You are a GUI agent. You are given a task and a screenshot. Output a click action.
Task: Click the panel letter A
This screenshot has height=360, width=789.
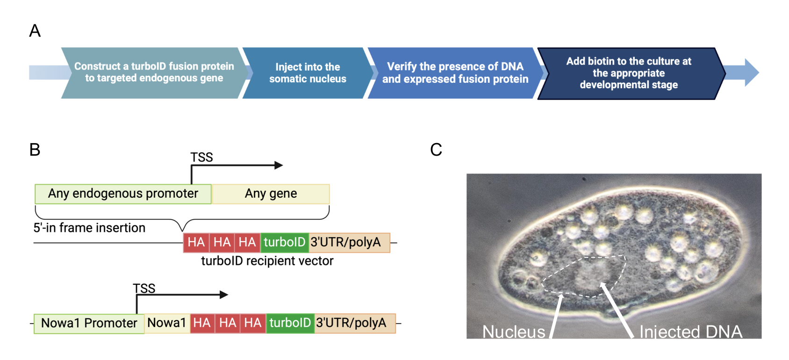click(35, 31)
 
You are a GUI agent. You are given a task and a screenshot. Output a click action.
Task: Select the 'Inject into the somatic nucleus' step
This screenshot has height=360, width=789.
click(308, 73)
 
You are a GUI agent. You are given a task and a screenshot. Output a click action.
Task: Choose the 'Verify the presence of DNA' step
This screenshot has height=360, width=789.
click(455, 73)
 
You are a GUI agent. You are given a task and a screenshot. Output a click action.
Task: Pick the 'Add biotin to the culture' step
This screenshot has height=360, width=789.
click(629, 73)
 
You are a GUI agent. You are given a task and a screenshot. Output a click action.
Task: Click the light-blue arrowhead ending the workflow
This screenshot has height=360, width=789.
click(752, 72)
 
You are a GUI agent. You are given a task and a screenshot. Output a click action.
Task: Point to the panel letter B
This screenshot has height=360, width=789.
click(35, 150)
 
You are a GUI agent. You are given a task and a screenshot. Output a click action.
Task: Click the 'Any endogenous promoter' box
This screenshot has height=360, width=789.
click(123, 194)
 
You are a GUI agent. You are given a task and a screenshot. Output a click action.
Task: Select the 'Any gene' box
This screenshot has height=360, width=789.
click(271, 194)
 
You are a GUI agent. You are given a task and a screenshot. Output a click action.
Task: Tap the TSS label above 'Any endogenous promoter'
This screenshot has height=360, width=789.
click(201, 157)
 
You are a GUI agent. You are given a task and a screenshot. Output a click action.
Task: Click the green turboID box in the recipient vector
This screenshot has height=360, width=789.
click(285, 242)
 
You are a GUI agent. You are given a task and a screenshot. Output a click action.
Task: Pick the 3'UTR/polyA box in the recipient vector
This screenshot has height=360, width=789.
click(350, 242)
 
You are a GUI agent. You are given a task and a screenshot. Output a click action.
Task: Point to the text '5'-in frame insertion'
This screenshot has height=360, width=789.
click(89, 228)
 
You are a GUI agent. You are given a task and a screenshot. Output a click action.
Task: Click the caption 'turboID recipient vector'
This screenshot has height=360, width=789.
click(267, 261)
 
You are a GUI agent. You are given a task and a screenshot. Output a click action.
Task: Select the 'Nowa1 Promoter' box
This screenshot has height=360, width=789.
click(89, 324)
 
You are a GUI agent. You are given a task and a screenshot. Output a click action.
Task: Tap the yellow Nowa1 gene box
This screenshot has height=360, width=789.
click(167, 324)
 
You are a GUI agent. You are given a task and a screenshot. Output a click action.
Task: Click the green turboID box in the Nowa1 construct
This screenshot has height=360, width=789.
click(290, 324)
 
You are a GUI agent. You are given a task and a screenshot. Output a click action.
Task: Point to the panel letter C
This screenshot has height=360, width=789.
click(436, 150)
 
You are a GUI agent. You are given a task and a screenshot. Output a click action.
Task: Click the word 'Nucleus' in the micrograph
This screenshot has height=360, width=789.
click(514, 332)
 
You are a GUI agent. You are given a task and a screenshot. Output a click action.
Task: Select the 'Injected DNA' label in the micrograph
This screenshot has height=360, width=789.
click(691, 332)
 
